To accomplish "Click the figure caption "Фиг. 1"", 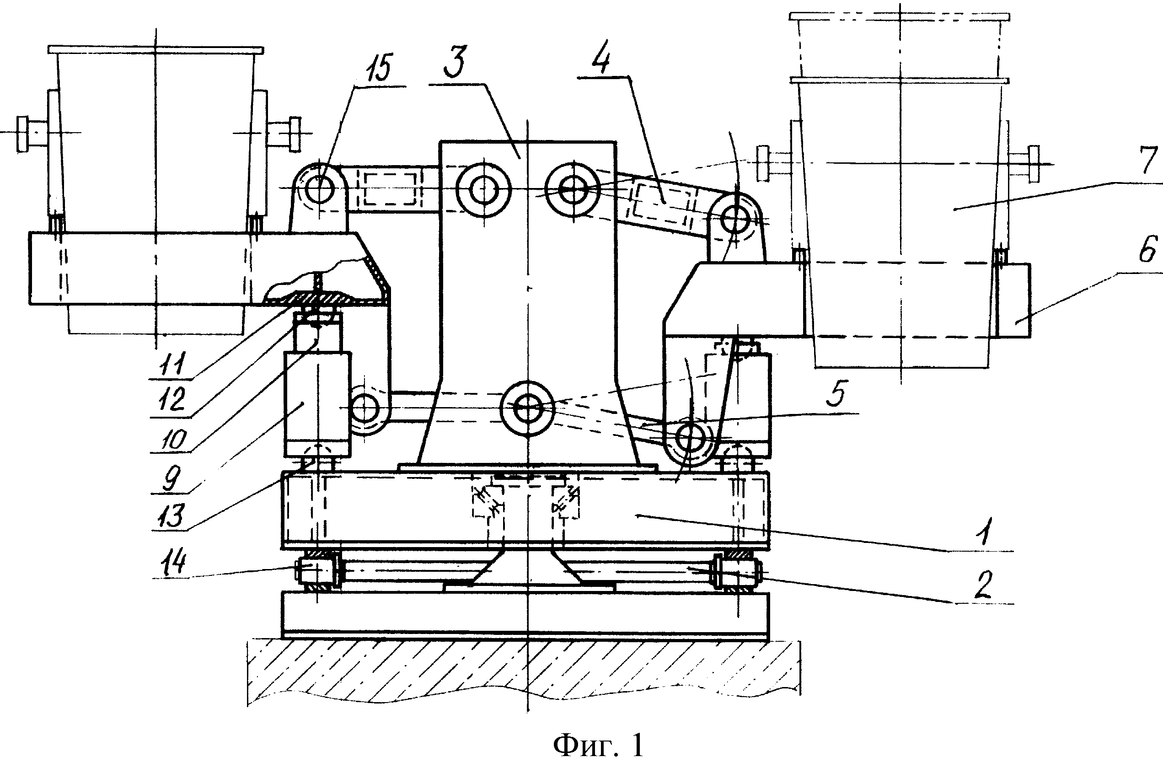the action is point(598,746).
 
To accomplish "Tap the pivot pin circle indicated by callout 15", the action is point(319,188).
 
